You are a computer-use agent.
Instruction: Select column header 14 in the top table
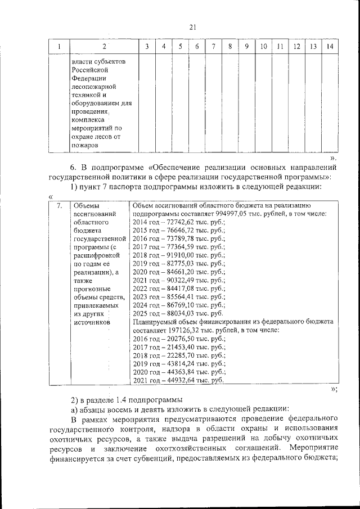(x=330, y=46)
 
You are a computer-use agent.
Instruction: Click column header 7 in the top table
(x=214, y=46)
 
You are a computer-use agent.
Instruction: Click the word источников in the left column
(x=91, y=322)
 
